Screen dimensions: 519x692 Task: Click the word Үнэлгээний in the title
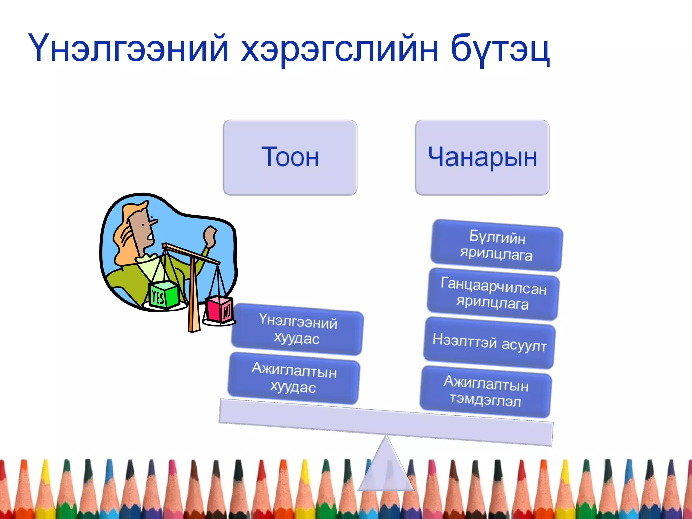(x=128, y=48)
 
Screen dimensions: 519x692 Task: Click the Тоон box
(x=290, y=157)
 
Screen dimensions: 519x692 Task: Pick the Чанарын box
(x=482, y=157)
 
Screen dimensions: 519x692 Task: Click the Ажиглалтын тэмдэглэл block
(x=486, y=392)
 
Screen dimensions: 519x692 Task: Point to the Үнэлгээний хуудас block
(x=297, y=330)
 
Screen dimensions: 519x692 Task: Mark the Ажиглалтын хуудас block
(x=293, y=378)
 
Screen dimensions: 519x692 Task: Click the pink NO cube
(x=219, y=309)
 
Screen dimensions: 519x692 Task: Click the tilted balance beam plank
(x=385, y=422)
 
